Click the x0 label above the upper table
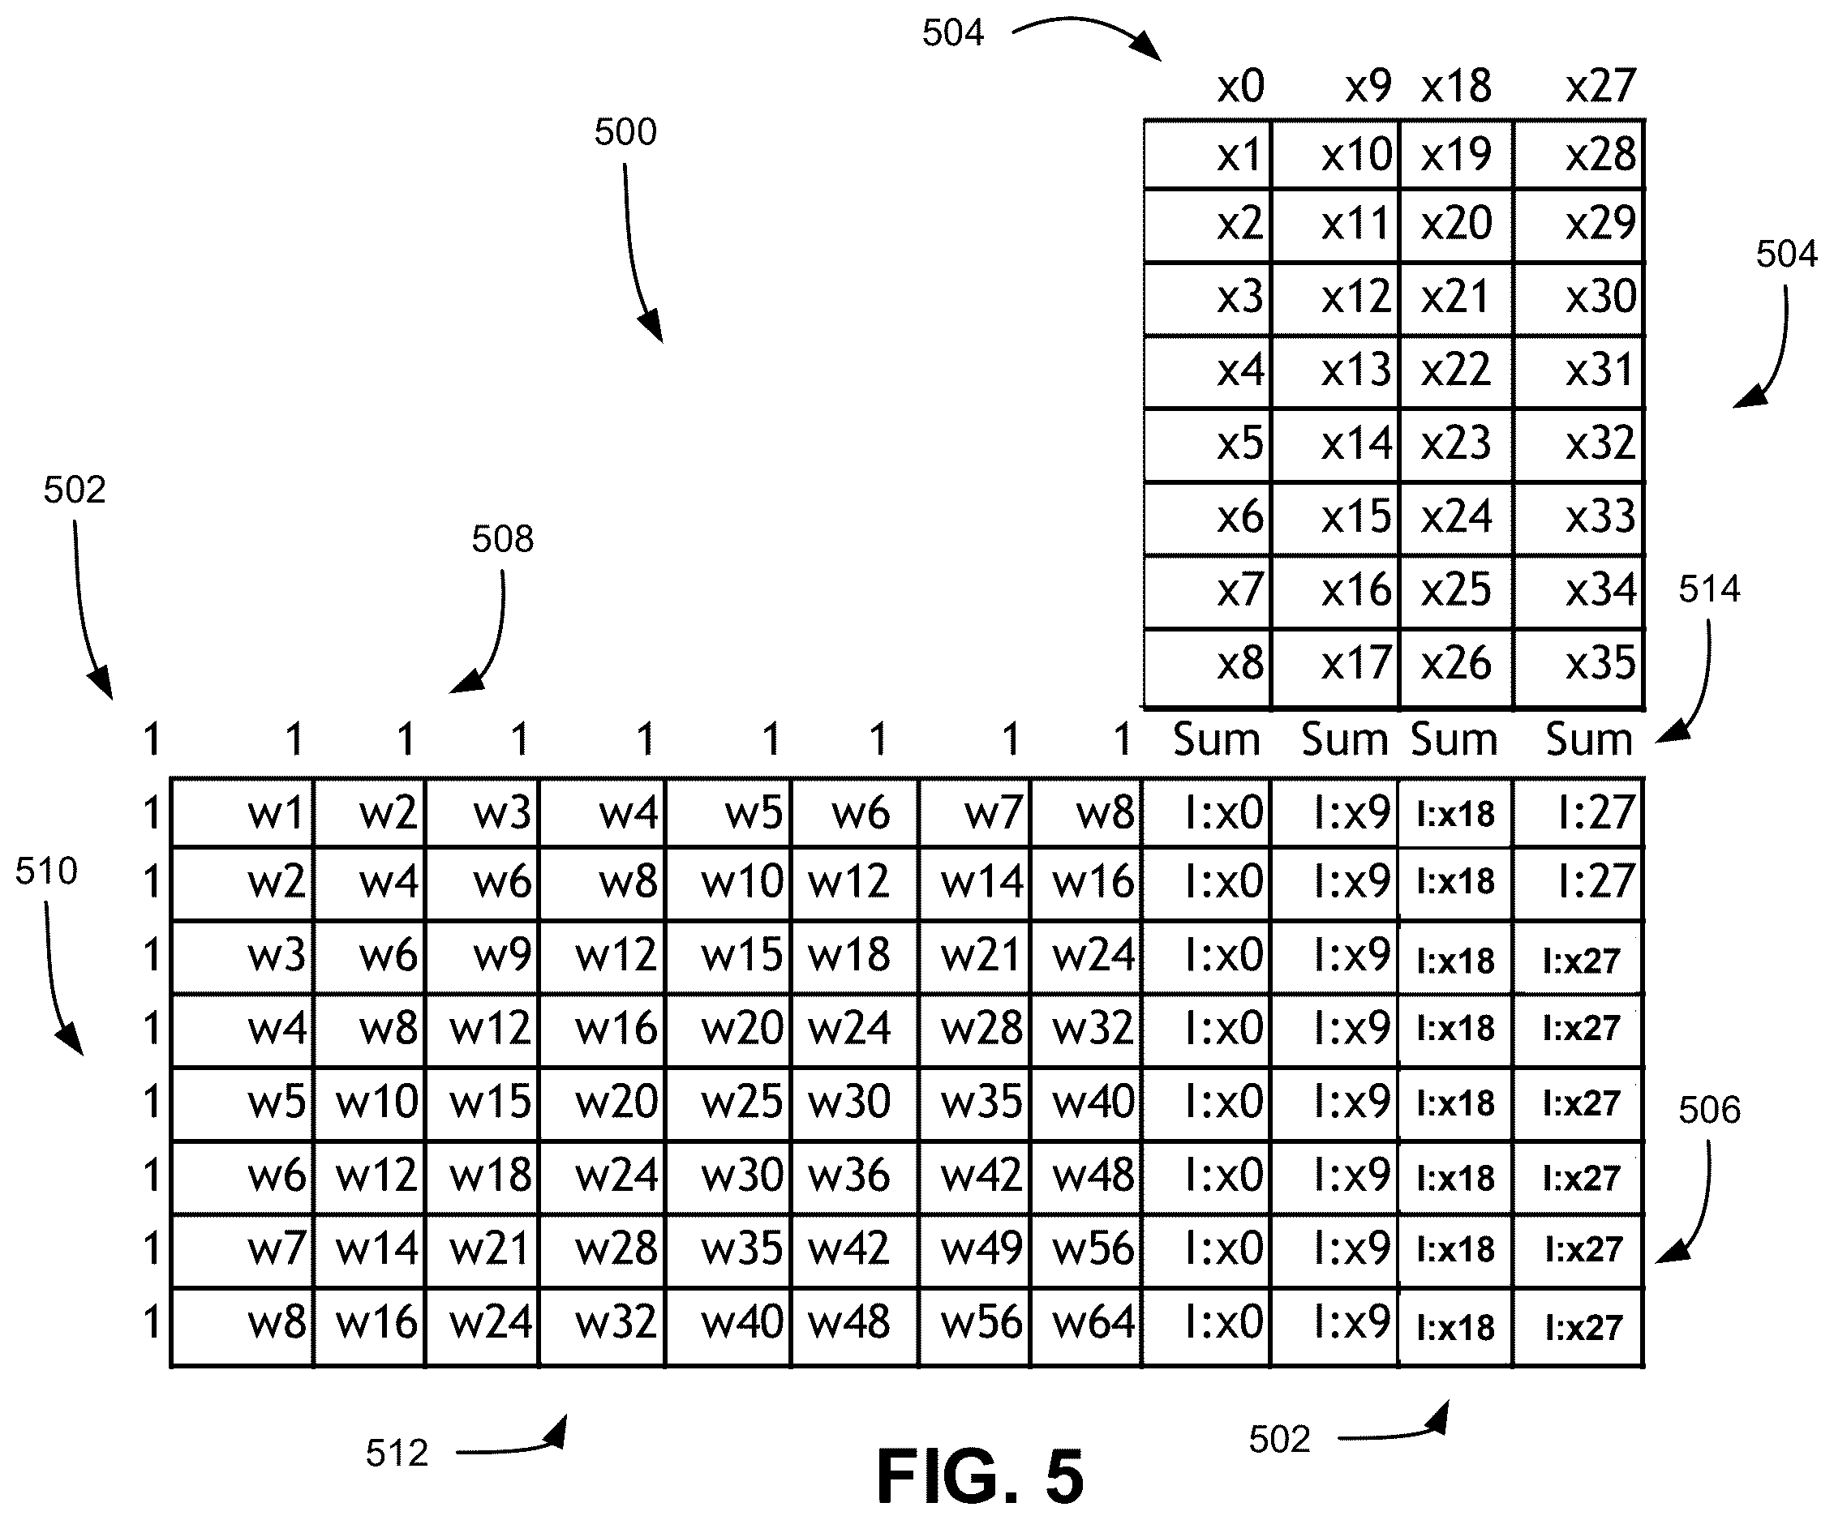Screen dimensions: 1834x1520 tap(1240, 87)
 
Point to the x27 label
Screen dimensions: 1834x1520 tap(1600, 87)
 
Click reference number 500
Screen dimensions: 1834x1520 tap(625, 133)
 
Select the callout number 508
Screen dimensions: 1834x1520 tap(502, 540)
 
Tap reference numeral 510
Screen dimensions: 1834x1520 tap(46, 871)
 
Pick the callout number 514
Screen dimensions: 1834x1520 tap(1709, 589)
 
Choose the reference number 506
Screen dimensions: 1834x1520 tap(1709, 1110)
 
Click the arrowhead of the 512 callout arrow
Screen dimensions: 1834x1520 tap(560, 1431)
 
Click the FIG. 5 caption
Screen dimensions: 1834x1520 tap(980, 1476)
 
